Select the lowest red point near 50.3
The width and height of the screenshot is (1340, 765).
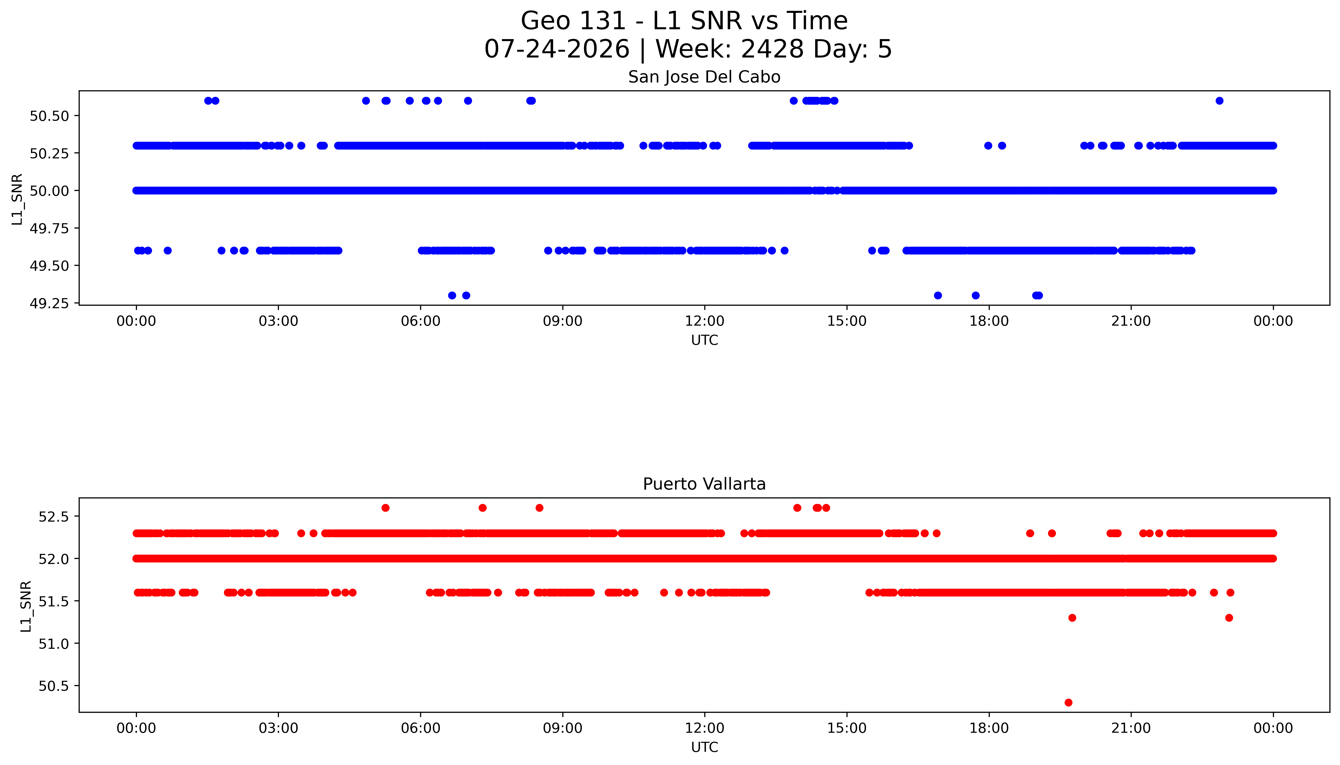click(1068, 702)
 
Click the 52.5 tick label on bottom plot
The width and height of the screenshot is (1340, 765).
click(53, 517)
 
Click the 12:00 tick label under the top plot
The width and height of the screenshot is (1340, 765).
click(704, 321)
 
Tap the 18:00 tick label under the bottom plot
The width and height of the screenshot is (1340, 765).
click(988, 728)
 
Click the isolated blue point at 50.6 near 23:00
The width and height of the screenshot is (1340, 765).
click(1219, 101)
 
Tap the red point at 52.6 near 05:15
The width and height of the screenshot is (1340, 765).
click(385, 507)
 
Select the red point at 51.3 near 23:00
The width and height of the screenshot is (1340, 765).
click(1229, 618)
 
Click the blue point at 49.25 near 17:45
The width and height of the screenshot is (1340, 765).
click(975, 295)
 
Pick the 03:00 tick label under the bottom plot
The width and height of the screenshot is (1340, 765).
click(278, 728)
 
